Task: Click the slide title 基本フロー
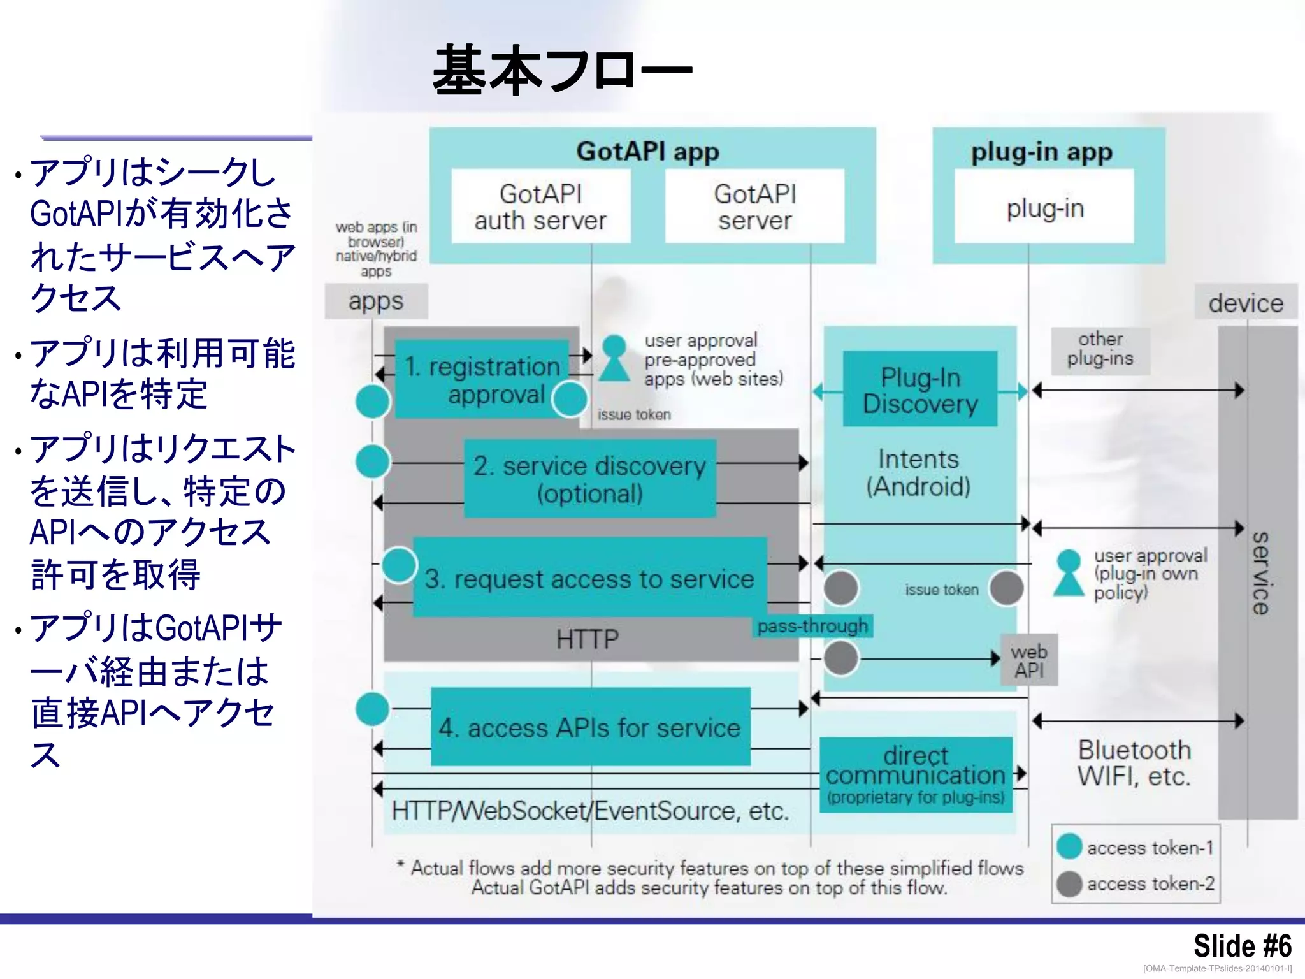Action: point(562,70)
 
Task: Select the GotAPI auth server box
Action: point(540,207)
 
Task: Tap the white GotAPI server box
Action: point(754,207)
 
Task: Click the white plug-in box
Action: point(1044,207)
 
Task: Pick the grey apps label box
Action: point(376,301)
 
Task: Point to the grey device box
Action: point(1245,303)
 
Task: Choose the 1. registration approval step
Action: point(482,380)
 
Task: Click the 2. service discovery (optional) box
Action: point(589,479)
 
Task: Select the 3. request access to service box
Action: point(589,578)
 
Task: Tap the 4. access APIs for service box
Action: point(590,727)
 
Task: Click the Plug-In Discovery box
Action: point(919,389)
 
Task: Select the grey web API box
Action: point(1029,660)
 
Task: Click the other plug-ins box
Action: point(1100,349)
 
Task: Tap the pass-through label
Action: point(812,626)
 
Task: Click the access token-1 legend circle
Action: point(1069,846)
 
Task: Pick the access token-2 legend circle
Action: point(1069,883)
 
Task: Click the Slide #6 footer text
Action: point(1242,945)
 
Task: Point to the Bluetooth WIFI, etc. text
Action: point(1134,763)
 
